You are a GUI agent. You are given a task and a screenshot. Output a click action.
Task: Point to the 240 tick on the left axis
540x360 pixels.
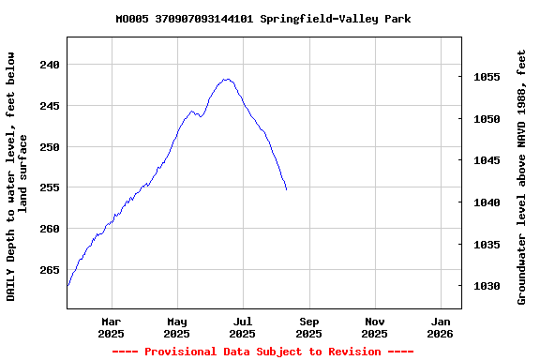coord(50,65)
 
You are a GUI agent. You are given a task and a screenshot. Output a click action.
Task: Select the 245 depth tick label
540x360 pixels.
coord(50,106)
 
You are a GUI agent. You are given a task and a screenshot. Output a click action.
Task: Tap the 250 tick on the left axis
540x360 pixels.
coord(50,147)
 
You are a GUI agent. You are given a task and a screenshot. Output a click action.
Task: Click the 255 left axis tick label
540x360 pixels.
coord(50,187)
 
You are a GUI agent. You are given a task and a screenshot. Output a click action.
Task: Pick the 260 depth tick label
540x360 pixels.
coord(50,229)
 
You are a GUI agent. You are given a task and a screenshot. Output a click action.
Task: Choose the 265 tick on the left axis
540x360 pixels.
coord(50,270)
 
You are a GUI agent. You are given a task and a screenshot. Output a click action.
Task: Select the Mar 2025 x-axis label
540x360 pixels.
coord(111,327)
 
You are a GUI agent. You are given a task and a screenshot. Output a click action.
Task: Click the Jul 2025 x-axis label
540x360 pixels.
coord(243,327)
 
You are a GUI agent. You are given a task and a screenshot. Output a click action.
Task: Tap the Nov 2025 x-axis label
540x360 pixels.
coord(374,327)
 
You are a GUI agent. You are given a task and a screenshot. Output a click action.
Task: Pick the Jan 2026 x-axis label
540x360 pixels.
coord(441,327)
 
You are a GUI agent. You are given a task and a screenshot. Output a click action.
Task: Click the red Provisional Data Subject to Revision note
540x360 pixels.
coord(262,352)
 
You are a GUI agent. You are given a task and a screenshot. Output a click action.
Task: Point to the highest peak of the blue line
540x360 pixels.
coord(227,79)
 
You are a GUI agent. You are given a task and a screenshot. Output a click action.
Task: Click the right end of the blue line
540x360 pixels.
coord(286,189)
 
